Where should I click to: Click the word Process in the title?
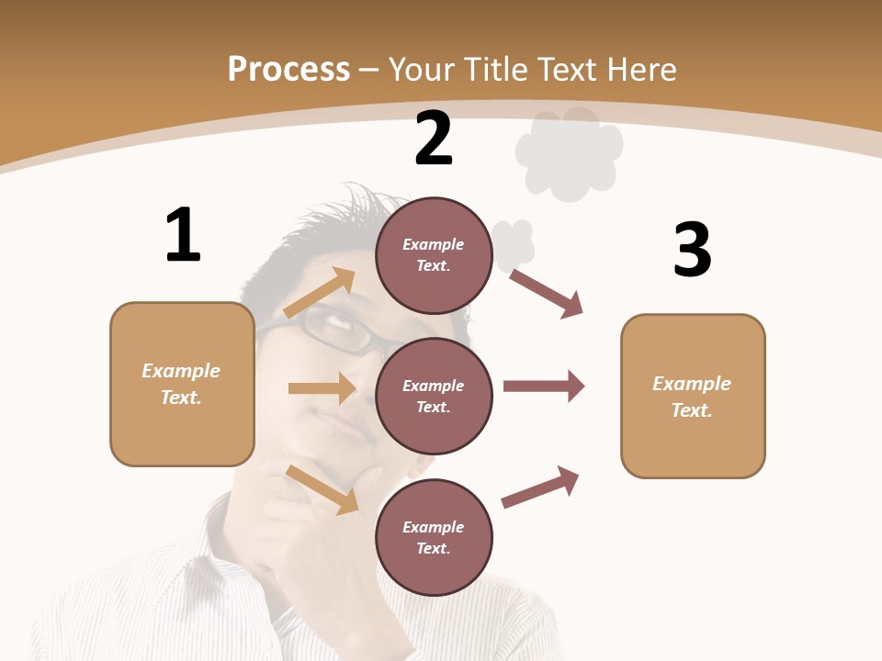(x=288, y=70)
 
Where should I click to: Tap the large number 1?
(x=183, y=236)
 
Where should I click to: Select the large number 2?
(x=434, y=140)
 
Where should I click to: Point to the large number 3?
(x=692, y=250)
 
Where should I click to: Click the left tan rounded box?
(x=182, y=384)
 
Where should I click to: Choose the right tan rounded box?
(x=693, y=396)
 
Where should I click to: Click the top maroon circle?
(x=434, y=255)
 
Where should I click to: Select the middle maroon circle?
(x=434, y=396)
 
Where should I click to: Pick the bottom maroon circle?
(x=434, y=537)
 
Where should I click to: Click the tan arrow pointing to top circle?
(x=320, y=293)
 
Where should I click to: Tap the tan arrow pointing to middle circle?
(x=322, y=388)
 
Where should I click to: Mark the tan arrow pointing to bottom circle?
(x=322, y=488)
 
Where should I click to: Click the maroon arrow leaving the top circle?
(x=547, y=293)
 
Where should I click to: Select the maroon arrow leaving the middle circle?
(x=543, y=386)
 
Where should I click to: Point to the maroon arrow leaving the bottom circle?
(x=540, y=487)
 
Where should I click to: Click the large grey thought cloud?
(x=569, y=152)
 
